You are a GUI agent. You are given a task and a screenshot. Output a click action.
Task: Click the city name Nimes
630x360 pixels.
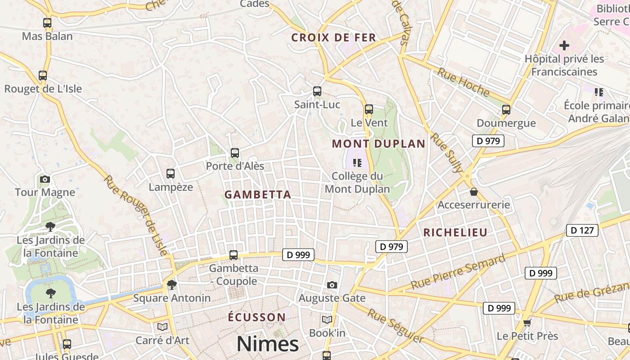(x=268, y=344)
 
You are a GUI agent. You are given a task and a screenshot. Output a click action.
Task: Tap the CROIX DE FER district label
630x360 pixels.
(x=333, y=38)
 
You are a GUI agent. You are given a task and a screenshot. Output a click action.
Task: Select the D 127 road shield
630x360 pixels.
(x=582, y=230)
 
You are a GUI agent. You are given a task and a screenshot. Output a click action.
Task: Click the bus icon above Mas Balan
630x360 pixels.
(x=47, y=22)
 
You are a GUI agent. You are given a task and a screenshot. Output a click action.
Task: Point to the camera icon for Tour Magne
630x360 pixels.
(x=45, y=180)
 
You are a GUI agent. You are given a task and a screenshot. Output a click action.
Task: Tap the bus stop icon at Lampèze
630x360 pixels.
(x=171, y=174)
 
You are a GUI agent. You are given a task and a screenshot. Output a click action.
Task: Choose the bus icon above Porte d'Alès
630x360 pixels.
(x=235, y=153)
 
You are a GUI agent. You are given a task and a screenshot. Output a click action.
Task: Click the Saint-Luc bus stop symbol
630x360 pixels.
(x=317, y=91)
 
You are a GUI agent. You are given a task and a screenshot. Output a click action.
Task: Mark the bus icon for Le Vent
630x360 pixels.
(x=369, y=109)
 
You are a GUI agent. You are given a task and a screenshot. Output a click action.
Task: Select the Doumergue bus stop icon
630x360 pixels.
(x=506, y=110)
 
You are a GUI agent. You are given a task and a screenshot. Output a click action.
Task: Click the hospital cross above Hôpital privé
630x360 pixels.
(x=564, y=45)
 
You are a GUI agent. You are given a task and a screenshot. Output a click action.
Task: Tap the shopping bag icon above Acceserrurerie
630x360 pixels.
(x=474, y=192)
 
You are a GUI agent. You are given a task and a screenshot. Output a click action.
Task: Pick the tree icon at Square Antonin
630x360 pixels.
(x=171, y=284)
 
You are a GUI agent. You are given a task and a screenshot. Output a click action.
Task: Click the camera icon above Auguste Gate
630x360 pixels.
(x=332, y=285)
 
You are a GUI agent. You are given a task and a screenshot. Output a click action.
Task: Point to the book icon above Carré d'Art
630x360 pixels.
(x=162, y=327)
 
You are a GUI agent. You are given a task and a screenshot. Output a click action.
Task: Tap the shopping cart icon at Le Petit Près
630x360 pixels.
(x=527, y=323)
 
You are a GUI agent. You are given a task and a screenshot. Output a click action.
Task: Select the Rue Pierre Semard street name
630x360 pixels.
(x=459, y=272)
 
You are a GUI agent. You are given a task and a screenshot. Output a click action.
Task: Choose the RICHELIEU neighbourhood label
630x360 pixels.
(x=455, y=233)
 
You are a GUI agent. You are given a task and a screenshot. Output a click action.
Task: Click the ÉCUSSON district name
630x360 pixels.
(x=256, y=317)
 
